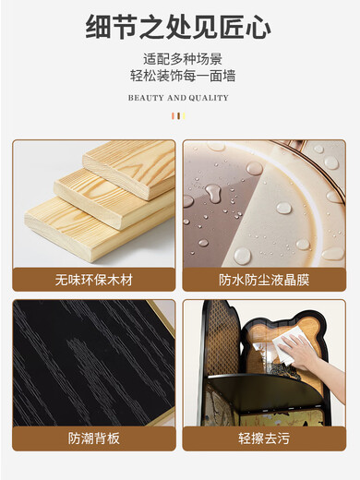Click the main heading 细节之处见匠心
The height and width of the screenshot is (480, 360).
pyautogui.click(x=178, y=28)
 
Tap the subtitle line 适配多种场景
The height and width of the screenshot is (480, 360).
pyautogui.click(x=183, y=59)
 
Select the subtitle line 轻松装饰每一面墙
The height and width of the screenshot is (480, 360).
pyautogui.click(x=183, y=76)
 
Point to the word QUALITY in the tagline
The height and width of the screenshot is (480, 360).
pyautogui.click(x=209, y=98)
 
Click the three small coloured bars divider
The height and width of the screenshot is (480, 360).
pyautogui.click(x=178, y=116)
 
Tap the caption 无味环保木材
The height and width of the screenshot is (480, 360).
pyautogui.click(x=94, y=280)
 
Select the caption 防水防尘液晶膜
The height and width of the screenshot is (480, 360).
pyautogui.click(x=264, y=280)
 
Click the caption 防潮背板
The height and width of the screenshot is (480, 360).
pyautogui.click(x=94, y=438)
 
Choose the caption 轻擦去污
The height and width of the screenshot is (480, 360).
pyautogui.click(x=264, y=438)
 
